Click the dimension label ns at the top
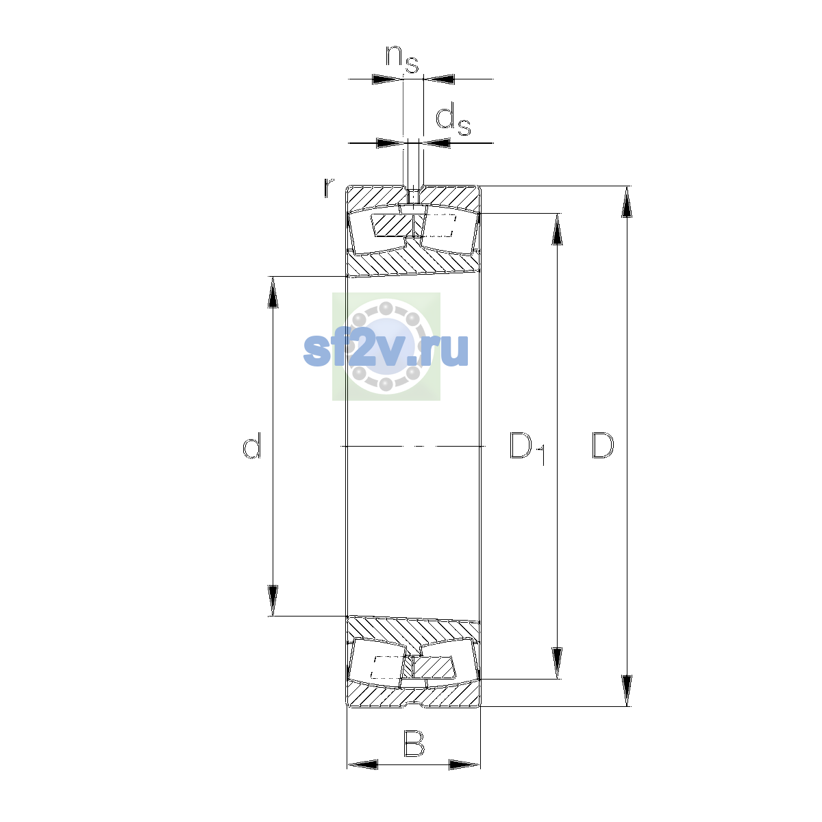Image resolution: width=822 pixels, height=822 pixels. (x=401, y=59)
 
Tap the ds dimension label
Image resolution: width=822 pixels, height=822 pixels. (x=453, y=121)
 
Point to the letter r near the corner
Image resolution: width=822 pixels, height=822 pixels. (x=328, y=188)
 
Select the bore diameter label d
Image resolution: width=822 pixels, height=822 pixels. (x=251, y=445)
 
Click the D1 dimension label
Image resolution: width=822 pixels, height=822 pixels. (x=527, y=448)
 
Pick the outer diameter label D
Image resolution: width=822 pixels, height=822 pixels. (x=602, y=445)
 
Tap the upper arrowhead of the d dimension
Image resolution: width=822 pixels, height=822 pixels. (x=273, y=292)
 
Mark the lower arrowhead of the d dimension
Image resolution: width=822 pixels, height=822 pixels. (x=273, y=600)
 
